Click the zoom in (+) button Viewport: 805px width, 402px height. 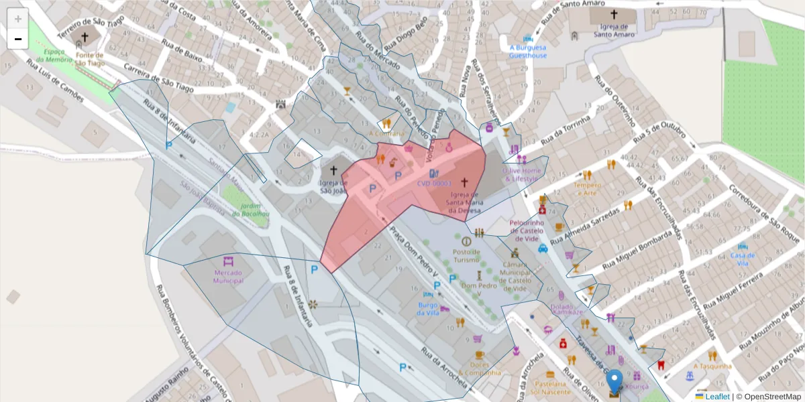(17, 19)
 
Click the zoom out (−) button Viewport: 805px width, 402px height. (17, 39)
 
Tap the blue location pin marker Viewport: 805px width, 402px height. (614, 383)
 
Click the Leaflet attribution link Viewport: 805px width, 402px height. (716, 397)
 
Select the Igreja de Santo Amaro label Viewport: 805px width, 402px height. (614, 30)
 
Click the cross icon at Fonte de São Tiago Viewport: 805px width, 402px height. (85, 38)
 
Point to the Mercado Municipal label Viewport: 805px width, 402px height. (229, 277)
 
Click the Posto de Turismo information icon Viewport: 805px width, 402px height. (466, 241)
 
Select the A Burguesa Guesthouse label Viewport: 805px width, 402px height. (527, 52)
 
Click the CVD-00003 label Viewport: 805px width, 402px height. (434, 183)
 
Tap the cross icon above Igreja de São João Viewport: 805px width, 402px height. (333, 171)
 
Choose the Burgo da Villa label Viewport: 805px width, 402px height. (428, 308)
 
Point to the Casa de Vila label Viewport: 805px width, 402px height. (743, 259)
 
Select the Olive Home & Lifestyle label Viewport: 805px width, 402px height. (521, 174)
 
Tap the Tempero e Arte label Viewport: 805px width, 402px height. (587, 189)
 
